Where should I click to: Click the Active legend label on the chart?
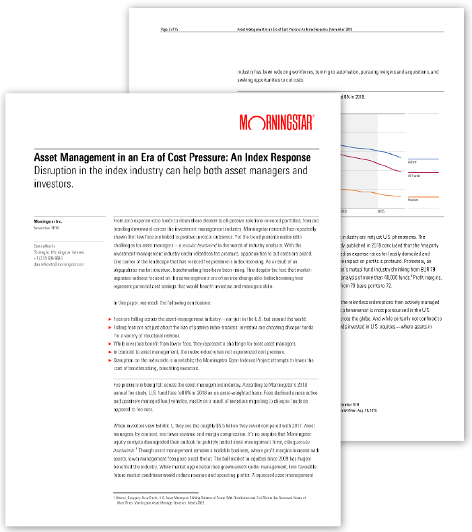pos(413,162)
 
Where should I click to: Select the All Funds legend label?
pos(415,176)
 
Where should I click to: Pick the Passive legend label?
pos(414,200)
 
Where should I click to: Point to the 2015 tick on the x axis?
pos(380,211)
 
